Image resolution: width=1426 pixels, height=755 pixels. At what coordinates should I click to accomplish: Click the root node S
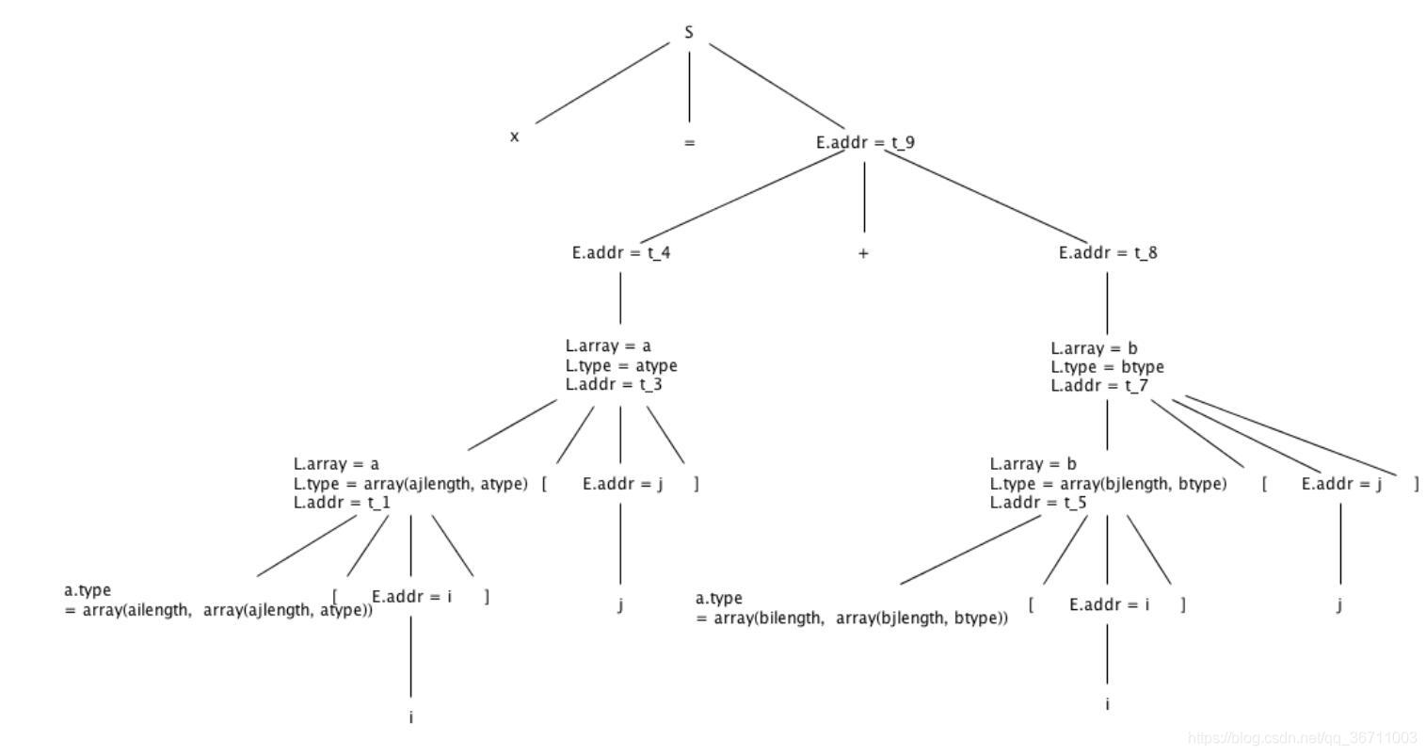pyautogui.click(x=689, y=33)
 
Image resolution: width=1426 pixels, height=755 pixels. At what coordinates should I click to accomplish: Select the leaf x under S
pyautogui.click(x=514, y=137)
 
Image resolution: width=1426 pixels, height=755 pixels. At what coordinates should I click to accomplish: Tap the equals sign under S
pyautogui.click(x=689, y=143)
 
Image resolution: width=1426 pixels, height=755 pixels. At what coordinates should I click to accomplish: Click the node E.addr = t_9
pyautogui.click(x=865, y=143)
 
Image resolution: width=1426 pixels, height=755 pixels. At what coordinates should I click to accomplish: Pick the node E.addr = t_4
pyautogui.click(x=621, y=253)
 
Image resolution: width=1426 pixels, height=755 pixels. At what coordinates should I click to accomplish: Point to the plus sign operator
pyautogui.click(x=863, y=253)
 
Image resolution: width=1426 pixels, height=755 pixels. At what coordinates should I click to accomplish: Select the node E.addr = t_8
pyautogui.click(x=1108, y=253)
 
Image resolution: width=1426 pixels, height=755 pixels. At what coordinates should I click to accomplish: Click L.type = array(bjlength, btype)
pyautogui.click(x=1108, y=484)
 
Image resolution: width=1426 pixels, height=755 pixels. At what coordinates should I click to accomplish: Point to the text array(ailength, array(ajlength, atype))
pyautogui.click(x=219, y=610)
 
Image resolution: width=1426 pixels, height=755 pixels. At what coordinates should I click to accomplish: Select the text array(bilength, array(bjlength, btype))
pyautogui.click(x=853, y=618)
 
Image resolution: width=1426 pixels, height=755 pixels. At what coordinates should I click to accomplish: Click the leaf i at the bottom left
pyautogui.click(x=411, y=717)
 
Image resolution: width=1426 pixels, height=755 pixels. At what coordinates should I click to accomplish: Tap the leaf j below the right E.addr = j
pyautogui.click(x=1339, y=604)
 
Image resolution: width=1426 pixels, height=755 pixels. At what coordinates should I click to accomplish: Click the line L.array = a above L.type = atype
pyautogui.click(x=608, y=346)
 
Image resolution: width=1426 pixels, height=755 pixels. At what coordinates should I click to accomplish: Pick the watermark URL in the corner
pyautogui.click(x=1303, y=737)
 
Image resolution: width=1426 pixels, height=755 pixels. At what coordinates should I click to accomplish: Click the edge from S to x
pyautogui.click(x=602, y=83)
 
